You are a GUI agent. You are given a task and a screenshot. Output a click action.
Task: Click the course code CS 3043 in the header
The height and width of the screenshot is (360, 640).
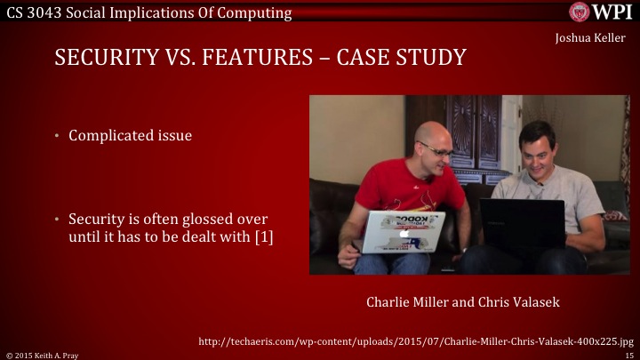(x=33, y=12)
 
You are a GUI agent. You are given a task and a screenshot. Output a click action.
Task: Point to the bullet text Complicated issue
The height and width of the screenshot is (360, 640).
(x=130, y=136)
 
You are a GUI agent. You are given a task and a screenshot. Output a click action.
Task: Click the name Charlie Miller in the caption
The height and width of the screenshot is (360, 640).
(x=404, y=302)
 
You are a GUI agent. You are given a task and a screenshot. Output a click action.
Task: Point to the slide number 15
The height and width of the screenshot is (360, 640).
(x=628, y=355)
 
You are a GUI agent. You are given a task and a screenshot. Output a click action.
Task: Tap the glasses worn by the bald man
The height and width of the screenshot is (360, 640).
(x=437, y=153)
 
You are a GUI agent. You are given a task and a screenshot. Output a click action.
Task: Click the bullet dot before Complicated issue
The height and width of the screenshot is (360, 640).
(x=55, y=136)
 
